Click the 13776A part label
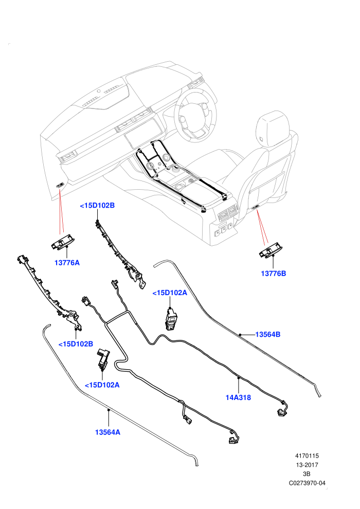pyautogui.click(x=67, y=263)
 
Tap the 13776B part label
pyautogui.click(x=273, y=274)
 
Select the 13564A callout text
pyautogui.click(x=107, y=432)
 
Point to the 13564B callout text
pyautogui.click(x=268, y=334)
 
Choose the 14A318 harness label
pyautogui.click(x=238, y=397)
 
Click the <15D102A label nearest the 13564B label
pyautogui.click(x=170, y=293)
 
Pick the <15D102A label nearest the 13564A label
pyautogui.click(x=102, y=385)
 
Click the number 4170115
pyautogui.click(x=307, y=456)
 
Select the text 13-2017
pyautogui.click(x=307, y=465)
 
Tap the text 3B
pyautogui.click(x=307, y=474)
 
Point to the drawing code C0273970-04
pyautogui.click(x=307, y=483)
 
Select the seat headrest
pyautogui.click(x=273, y=128)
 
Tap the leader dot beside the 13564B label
pyautogui.click(x=240, y=334)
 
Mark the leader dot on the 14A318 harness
pyautogui.click(x=239, y=378)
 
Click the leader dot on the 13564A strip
pyautogui.click(x=109, y=410)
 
